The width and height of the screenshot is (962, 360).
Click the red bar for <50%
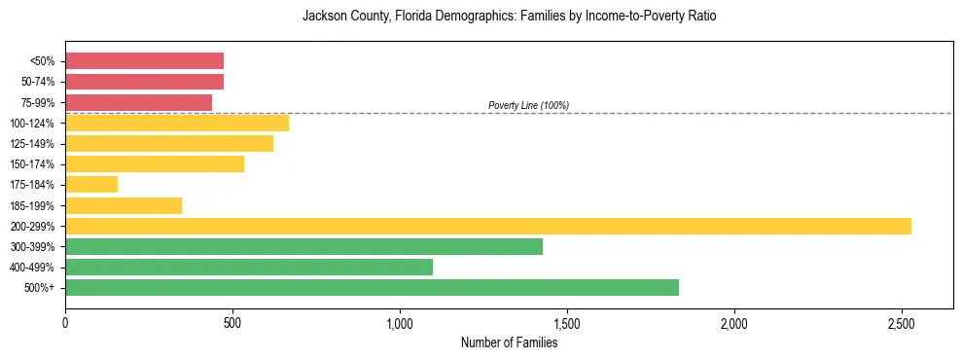(144, 61)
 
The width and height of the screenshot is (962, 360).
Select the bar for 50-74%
(144, 82)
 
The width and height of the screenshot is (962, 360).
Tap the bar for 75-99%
(138, 102)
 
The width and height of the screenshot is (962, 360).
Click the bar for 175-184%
(91, 184)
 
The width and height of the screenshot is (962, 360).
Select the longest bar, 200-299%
(487, 226)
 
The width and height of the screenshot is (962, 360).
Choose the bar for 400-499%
(249, 267)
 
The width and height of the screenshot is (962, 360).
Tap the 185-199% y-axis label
(32, 205)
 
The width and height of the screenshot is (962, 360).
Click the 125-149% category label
(32, 144)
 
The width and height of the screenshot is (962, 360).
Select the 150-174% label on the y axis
(32, 164)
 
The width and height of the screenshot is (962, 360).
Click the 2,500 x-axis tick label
(902, 322)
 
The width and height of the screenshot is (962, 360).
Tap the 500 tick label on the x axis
(232, 322)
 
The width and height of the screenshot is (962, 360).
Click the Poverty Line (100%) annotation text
(528, 105)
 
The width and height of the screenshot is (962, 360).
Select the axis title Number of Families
(509, 342)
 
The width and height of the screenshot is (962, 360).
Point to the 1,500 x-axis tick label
(567, 322)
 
